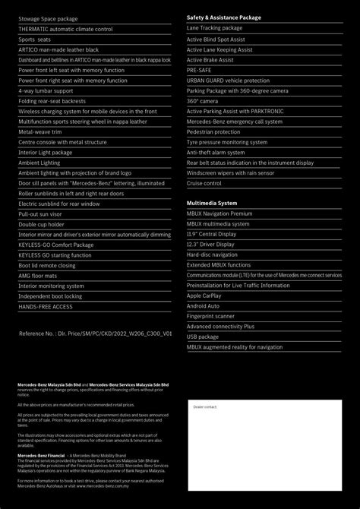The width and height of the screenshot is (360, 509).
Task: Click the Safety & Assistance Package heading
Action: (223, 17)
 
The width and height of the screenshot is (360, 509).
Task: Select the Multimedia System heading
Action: (212, 204)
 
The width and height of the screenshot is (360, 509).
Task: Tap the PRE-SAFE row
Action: (199, 70)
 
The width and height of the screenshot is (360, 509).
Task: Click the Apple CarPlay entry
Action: (204, 296)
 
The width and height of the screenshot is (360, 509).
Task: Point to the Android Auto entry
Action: (203, 306)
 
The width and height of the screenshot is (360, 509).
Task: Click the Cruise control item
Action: (204, 183)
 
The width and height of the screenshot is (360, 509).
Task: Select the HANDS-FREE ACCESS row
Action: (46, 307)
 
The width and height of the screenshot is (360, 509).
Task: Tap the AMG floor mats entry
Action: (38, 276)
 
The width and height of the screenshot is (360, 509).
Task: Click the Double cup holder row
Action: (42, 224)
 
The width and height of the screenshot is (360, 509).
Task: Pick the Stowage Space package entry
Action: (48, 18)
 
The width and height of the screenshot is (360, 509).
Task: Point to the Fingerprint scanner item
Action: (210, 316)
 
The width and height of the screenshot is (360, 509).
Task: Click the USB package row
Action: (203, 337)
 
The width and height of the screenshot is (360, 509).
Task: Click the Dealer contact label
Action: (205, 407)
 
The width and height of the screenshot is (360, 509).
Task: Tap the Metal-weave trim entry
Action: (40, 131)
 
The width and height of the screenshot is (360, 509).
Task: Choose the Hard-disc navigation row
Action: (212, 254)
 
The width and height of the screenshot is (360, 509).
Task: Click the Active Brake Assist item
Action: (210, 59)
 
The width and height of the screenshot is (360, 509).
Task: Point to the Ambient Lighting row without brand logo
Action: (39, 163)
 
